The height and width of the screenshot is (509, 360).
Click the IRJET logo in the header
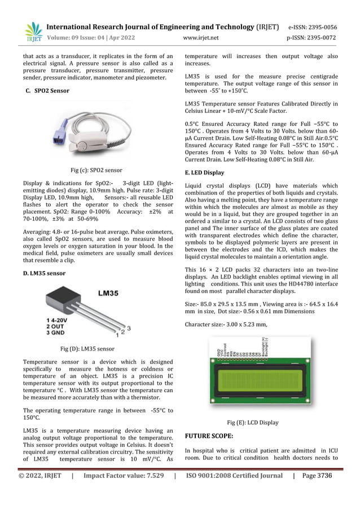click(33, 32)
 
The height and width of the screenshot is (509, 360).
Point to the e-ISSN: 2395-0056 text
click(313, 27)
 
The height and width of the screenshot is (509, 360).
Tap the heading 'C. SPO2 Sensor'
click(47, 90)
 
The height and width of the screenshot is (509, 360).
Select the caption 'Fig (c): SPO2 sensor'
click(96, 169)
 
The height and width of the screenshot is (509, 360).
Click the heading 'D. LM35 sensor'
click(44, 273)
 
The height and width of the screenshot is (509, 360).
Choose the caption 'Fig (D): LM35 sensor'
click(87, 349)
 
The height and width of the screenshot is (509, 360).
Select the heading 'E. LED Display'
click(204, 172)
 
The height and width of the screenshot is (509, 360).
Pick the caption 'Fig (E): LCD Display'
click(252, 422)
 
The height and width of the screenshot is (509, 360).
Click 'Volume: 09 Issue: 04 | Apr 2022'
click(90, 38)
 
